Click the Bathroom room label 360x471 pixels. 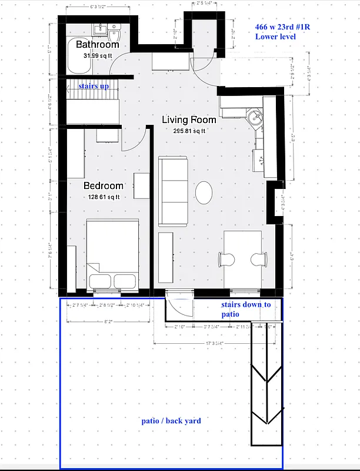(98, 44)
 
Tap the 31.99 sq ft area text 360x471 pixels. (98, 55)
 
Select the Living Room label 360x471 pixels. (189, 120)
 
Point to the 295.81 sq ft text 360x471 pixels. (189, 131)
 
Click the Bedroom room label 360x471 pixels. (103, 185)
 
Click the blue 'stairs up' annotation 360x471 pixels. (94, 86)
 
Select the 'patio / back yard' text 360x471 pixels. (171, 420)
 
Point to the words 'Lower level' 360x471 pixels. (275, 37)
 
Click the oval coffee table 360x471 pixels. (204, 192)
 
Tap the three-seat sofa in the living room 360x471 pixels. (172, 191)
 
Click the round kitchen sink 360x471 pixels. (255, 117)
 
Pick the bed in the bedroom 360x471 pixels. (112, 254)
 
